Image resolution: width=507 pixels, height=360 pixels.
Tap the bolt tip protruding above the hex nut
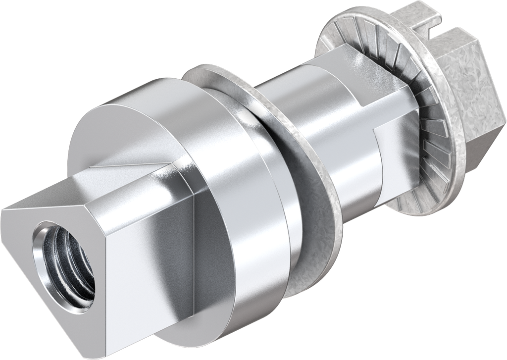pos(421,15)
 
